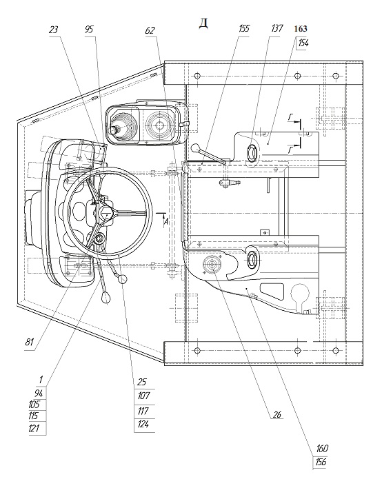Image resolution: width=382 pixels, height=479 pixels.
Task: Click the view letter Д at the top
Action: [203, 23]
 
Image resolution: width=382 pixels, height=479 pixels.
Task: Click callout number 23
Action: [54, 30]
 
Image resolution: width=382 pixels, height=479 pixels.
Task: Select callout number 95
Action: [89, 30]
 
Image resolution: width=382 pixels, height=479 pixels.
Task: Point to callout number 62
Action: [150, 30]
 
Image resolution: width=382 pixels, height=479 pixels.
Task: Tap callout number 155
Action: [244, 28]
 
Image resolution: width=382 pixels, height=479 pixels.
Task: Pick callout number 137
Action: [277, 28]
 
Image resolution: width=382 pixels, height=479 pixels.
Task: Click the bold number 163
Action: [301, 29]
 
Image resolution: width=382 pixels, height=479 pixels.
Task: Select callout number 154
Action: [303, 43]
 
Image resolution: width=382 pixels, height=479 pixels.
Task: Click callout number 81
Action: [30, 342]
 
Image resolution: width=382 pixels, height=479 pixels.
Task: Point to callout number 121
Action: [34, 428]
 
